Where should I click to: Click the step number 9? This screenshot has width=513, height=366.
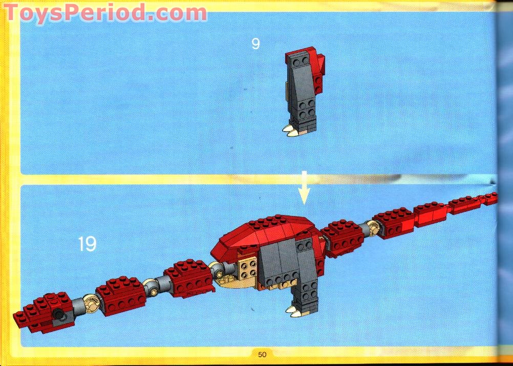click(x=255, y=44)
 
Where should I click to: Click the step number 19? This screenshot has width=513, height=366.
click(x=87, y=244)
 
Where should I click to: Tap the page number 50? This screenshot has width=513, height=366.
click(x=262, y=355)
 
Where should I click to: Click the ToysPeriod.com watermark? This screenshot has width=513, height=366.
click(x=105, y=13)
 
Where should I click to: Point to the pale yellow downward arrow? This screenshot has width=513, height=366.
click(x=304, y=187)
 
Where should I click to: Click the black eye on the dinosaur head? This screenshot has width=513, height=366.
click(x=58, y=314)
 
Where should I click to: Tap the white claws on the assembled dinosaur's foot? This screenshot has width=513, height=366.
click(x=294, y=311)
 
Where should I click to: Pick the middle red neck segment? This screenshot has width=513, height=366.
click(x=120, y=296)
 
